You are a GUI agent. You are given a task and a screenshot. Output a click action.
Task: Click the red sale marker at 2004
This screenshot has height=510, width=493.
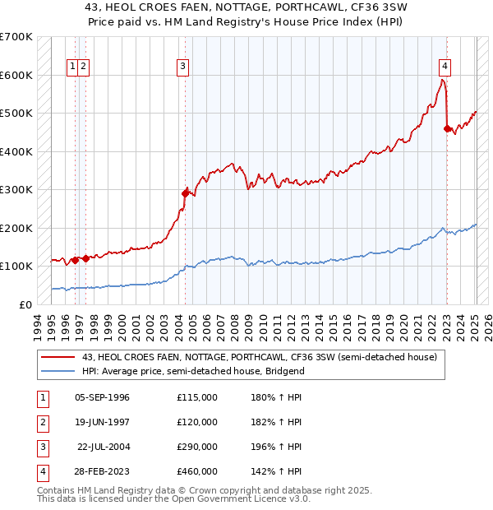pos(186,193)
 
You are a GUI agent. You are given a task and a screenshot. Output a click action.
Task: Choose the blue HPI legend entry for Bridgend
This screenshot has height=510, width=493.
pos(193,371)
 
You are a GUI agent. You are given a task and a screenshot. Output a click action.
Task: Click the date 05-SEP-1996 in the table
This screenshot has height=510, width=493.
pos(102,398)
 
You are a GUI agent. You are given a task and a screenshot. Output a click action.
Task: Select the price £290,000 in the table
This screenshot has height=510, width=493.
pos(196,447)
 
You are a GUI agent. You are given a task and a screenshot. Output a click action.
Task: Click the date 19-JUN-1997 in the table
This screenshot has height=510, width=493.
pos(102,423)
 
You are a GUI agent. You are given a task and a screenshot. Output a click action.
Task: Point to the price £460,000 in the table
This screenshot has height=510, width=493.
pos(196,471)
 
